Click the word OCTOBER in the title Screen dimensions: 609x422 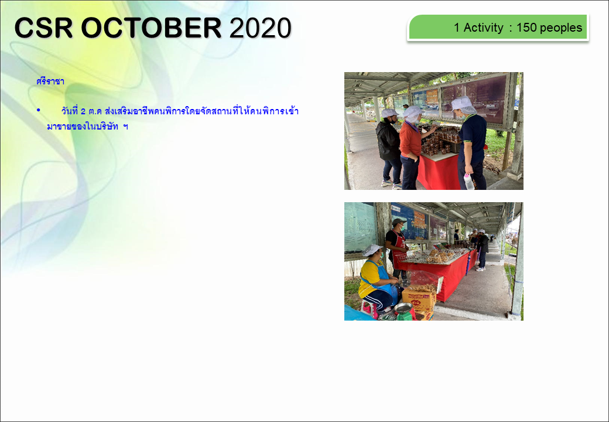tap(151, 28)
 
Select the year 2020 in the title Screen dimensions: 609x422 tap(260, 28)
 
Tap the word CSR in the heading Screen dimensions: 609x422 tap(43, 28)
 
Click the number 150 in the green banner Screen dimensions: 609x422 tap(526, 28)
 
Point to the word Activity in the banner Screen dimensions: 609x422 tap(483, 28)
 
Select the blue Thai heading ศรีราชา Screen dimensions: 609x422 tap(50, 81)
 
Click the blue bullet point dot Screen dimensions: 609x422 tap(39, 110)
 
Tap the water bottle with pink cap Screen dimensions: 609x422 tap(469, 182)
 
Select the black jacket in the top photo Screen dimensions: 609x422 tap(388, 141)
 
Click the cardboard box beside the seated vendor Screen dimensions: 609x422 tap(419, 299)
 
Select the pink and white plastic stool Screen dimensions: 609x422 tap(369, 309)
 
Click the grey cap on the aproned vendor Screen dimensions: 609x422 tap(399, 222)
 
